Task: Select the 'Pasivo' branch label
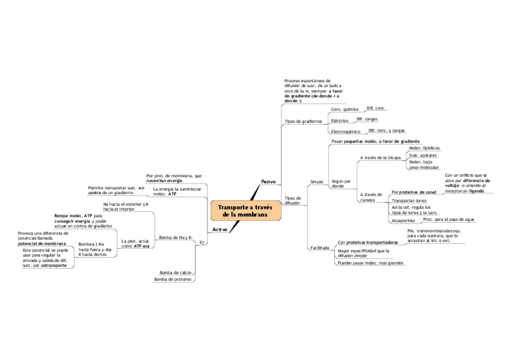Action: [268, 182]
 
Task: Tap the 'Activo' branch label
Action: [220, 230]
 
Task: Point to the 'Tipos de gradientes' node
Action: [303, 121]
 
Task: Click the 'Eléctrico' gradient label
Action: [340, 121]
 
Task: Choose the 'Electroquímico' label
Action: [345, 132]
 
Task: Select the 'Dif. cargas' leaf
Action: [367, 119]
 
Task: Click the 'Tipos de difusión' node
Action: [292, 200]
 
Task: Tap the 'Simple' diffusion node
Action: [316, 181]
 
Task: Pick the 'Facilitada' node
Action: [319, 248]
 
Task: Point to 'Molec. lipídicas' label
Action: [424, 148]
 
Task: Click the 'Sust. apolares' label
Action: [423, 155]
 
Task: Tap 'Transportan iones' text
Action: [409, 200]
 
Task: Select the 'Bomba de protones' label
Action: [173, 279]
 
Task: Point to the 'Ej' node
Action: [202, 242]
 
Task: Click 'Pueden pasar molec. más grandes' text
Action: [370, 263]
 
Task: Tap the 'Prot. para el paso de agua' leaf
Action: [449, 219]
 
